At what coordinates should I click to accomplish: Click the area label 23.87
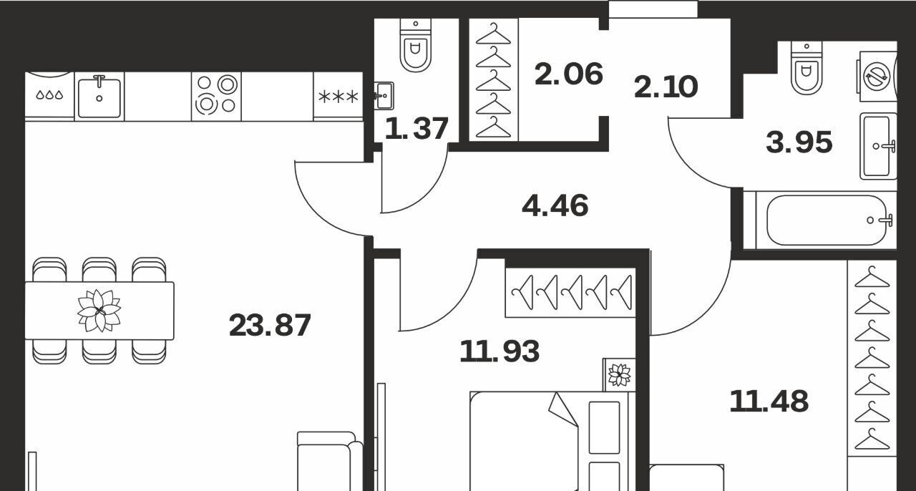pos(270,326)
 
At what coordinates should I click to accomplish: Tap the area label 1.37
pos(416,129)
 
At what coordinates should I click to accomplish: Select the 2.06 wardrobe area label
pos(569,74)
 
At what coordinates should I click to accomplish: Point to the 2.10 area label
pos(666,87)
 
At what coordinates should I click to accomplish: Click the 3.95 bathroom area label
pos(799,142)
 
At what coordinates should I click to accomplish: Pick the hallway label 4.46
pos(555,205)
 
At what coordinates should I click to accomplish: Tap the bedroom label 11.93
pos(500,351)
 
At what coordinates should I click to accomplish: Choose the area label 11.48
pos(769,402)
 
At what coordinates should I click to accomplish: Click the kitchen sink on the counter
pos(99,97)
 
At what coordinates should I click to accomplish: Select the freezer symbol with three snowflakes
pos(338,97)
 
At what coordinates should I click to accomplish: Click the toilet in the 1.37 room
pos(416,46)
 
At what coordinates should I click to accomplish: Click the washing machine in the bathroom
pos(877,77)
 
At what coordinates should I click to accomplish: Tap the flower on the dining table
pos(99,311)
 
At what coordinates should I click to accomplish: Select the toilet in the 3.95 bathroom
pos(806,68)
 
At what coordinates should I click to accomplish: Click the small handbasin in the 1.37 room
pos(384,96)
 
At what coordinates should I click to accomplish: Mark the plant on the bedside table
pos(620,375)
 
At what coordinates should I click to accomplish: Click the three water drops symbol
pos(50,95)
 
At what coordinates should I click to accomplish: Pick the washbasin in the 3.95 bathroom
pos(878,146)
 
